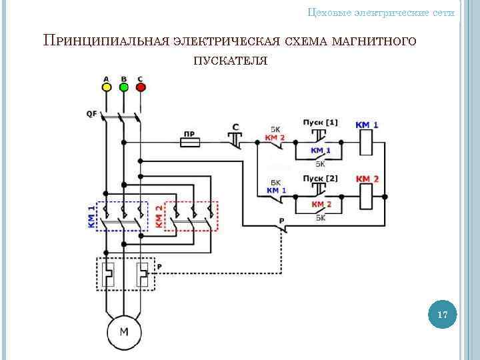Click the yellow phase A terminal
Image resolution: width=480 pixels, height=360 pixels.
pos(106,87)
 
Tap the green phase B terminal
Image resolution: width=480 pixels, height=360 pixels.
pos(123,87)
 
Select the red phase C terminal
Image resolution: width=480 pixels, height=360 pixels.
pos(140,87)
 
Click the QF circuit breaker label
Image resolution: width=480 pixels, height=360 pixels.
pos(91,113)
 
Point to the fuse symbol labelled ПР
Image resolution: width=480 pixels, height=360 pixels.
pos(189,142)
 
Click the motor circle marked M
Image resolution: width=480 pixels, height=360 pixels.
pos(124,331)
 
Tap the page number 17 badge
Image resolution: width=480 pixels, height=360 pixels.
pos(442,315)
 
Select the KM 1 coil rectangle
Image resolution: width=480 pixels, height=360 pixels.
pos(367,142)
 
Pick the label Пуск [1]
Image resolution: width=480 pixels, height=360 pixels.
pos(320,123)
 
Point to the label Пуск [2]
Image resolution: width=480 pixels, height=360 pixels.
pos(320,179)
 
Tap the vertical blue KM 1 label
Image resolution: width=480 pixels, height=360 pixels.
pos(91,217)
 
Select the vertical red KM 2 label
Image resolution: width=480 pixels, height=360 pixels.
pos(159,217)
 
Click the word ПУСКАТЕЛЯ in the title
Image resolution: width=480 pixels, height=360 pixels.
pos(231,61)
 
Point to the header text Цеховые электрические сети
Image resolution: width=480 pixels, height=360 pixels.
pos(381,13)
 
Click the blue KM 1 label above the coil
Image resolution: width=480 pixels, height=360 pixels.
pos(367,125)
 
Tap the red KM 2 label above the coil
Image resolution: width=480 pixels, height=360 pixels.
pos(367,179)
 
